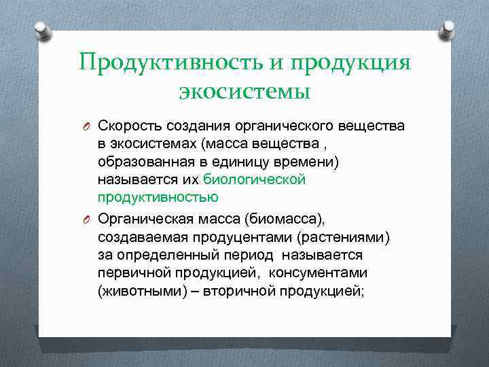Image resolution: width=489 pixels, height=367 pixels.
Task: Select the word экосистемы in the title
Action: click(x=244, y=90)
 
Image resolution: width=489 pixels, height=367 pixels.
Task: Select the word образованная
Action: click(x=141, y=162)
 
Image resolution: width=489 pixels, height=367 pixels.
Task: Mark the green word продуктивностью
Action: click(x=158, y=197)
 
